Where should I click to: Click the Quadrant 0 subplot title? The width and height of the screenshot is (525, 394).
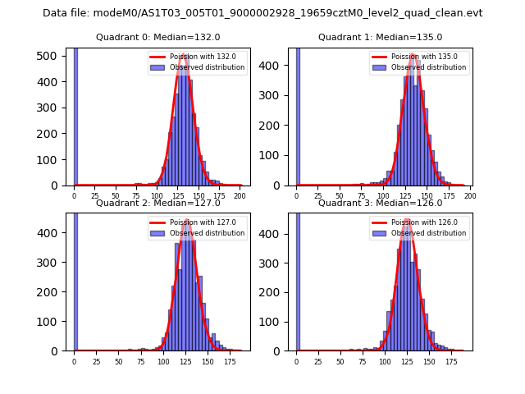tap(157, 37)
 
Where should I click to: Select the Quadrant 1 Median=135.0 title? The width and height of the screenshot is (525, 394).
tap(380, 37)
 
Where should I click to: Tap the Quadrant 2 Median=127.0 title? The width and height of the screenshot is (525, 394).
tap(157, 203)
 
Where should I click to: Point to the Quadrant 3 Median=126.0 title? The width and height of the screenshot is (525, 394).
tap(380, 203)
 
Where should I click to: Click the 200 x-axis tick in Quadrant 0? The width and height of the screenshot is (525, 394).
tap(240, 197)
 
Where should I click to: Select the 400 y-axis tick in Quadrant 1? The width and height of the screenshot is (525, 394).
tap(276, 65)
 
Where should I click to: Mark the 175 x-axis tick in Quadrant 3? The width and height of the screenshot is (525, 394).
tap(451, 361)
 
